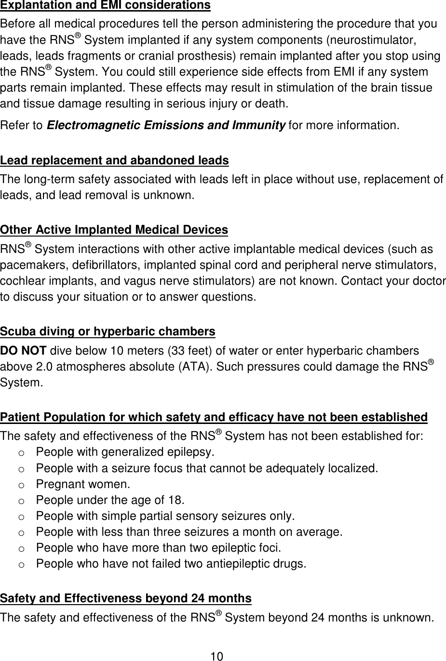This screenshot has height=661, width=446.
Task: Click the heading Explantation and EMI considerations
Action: (105, 6)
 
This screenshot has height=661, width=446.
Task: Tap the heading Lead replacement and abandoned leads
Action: (114, 160)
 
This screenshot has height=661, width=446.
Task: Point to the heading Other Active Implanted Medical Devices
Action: (114, 230)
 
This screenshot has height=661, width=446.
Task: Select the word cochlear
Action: (20, 281)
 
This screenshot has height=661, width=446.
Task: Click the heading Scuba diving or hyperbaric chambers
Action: (108, 332)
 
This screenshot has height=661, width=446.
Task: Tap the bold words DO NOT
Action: (23, 351)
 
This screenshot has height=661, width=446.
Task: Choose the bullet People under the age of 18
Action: (110, 500)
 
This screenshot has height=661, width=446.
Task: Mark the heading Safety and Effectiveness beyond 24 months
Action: (126, 598)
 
